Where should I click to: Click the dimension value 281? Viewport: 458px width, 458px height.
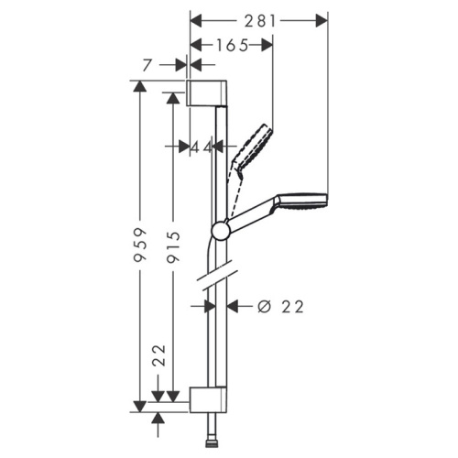[x=260, y=21]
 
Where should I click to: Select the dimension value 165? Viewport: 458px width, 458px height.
[x=232, y=46]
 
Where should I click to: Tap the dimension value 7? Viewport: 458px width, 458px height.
[x=147, y=65]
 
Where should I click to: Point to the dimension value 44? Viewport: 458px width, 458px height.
[x=202, y=148]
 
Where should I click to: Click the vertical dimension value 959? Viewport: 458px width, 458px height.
[x=140, y=245]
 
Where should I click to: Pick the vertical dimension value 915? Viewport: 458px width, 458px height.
[x=173, y=247]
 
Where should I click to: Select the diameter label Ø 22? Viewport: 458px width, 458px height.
[x=280, y=307]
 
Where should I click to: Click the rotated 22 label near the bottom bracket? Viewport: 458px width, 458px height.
[x=158, y=355]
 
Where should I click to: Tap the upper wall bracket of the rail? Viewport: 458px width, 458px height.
[x=207, y=93]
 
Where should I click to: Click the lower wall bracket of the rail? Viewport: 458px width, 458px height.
[x=208, y=399]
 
